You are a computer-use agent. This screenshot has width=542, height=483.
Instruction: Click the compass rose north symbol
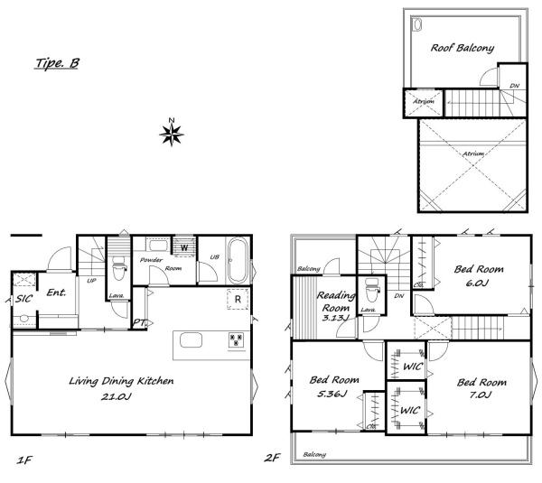pos(172,134)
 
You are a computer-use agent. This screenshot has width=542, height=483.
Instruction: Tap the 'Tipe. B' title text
pos(58,63)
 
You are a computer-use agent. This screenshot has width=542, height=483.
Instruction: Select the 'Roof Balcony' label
pos(463,48)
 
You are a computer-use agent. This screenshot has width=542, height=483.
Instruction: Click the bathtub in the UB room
pos(238,260)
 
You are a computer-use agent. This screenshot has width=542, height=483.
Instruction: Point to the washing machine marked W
pos(184,247)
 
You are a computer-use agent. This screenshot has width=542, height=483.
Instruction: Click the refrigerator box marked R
pos(238,299)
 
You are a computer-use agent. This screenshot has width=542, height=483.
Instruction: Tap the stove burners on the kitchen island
pos(236,339)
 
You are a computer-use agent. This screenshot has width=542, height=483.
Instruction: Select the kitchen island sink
pos(191,339)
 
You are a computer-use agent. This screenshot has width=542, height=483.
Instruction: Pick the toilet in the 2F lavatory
pos(372,290)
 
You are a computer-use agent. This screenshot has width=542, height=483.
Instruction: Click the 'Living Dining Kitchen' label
pos(121,381)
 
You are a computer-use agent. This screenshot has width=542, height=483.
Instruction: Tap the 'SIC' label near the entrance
pos(23,299)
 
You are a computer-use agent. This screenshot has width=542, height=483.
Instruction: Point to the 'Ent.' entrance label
pos(56,293)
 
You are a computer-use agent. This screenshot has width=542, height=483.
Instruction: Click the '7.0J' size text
pos(481,395)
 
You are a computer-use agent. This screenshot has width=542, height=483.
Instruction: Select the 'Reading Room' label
pos(335,302)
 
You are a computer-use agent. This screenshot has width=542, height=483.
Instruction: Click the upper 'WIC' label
pos(413,367)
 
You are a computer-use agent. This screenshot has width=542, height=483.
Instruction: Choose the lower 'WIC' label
pos(410,411)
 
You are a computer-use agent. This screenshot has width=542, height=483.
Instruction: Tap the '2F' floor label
pos(272,458)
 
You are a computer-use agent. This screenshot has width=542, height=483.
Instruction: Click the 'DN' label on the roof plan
pos(514,86)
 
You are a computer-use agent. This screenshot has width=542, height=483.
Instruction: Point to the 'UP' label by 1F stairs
pos(91,281)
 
